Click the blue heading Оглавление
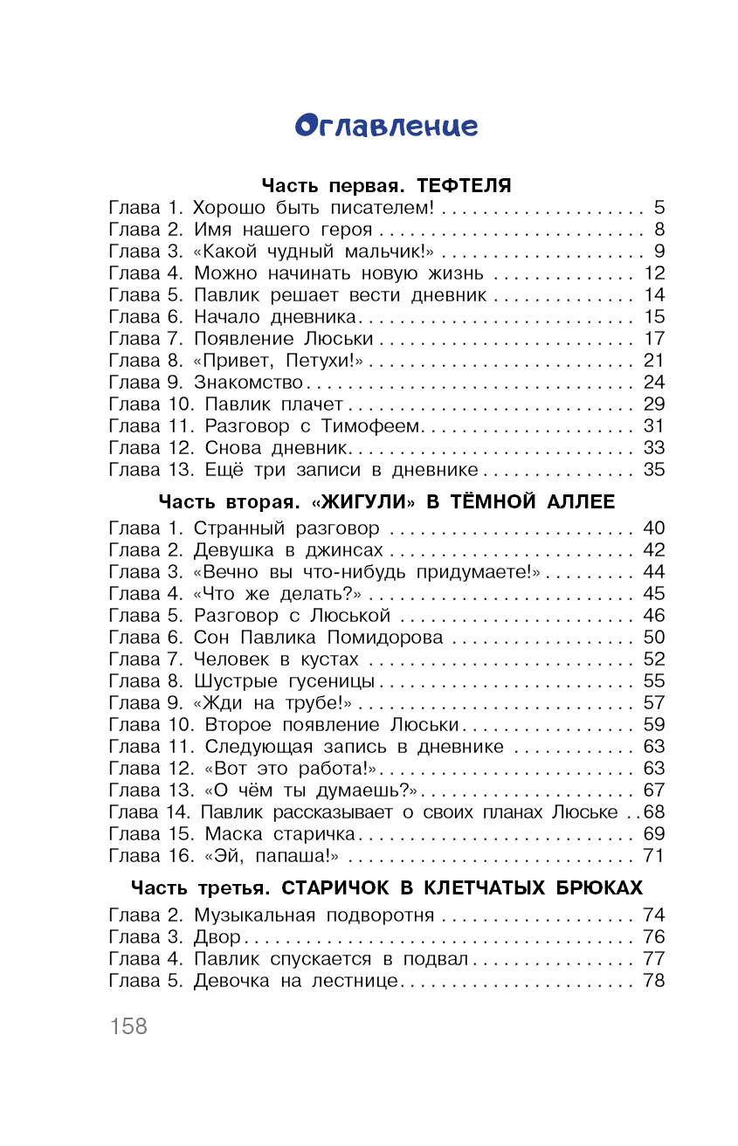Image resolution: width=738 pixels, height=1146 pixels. (386, 126)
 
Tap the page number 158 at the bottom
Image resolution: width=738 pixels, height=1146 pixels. (128, 1025)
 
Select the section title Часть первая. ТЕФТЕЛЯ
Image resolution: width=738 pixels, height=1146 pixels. (386, 186)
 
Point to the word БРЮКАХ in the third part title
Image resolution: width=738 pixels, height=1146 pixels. (598, 888)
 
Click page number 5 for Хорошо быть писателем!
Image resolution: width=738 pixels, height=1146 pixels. (659, 209)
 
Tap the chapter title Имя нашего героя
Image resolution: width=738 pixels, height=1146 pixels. (283, 231)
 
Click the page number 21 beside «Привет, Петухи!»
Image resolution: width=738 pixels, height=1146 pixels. (653, 361)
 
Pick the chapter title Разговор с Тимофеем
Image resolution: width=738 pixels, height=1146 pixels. (314, 426)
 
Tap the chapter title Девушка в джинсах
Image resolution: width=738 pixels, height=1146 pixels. (288, 550)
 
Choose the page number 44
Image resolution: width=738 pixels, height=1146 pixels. (653, 572)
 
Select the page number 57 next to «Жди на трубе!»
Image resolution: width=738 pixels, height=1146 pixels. (653, 703)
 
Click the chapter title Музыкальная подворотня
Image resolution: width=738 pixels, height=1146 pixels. (314, 915)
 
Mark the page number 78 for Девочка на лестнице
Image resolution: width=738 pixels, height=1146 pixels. (653, 981)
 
